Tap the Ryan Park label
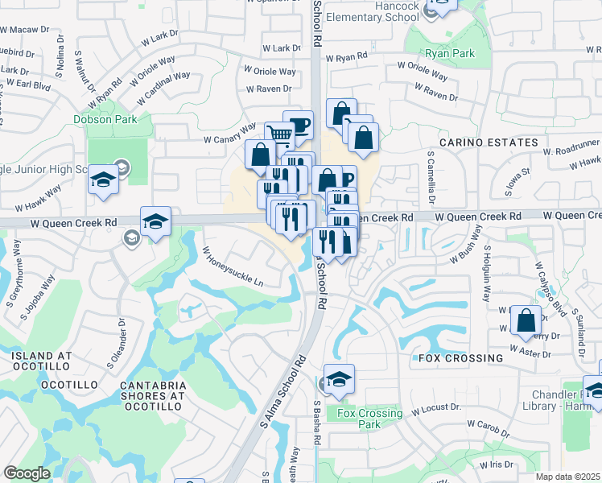450,53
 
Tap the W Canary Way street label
229,133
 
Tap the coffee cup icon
298,124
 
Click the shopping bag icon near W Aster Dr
526,320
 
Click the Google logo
27,473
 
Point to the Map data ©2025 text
568,477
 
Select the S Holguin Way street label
487,274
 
